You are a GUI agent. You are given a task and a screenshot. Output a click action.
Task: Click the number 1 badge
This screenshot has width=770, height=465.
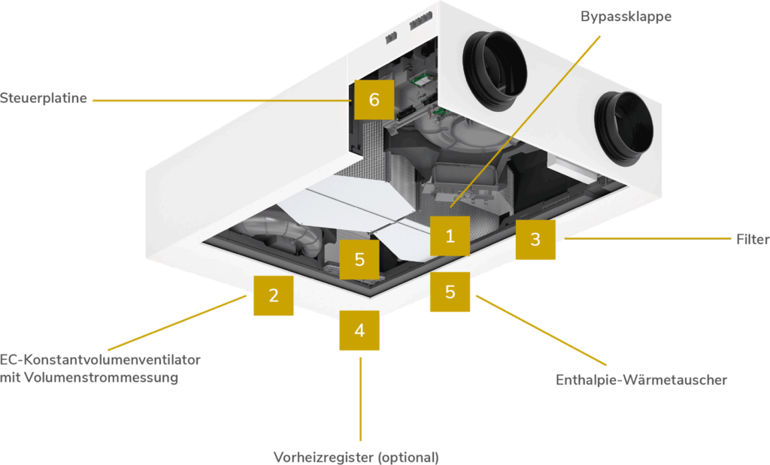[450, 236]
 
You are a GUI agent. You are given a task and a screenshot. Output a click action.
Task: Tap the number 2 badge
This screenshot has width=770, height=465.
[273, 295]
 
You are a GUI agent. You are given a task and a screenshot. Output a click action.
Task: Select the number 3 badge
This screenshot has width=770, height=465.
[535, 240]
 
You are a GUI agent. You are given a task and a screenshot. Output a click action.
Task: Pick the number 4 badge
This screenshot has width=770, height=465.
[359, 331]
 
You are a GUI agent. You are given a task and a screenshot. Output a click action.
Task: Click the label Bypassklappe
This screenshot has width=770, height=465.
[626, 17]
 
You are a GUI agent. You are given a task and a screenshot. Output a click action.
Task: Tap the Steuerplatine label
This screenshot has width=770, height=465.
[44, 98]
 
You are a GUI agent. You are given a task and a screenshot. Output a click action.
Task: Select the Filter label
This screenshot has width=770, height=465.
[752, 240]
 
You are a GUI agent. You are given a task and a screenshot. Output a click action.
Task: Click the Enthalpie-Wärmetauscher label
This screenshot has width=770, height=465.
[641, 380]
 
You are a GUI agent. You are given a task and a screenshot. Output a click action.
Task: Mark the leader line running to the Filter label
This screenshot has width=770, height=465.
[647, 240]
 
